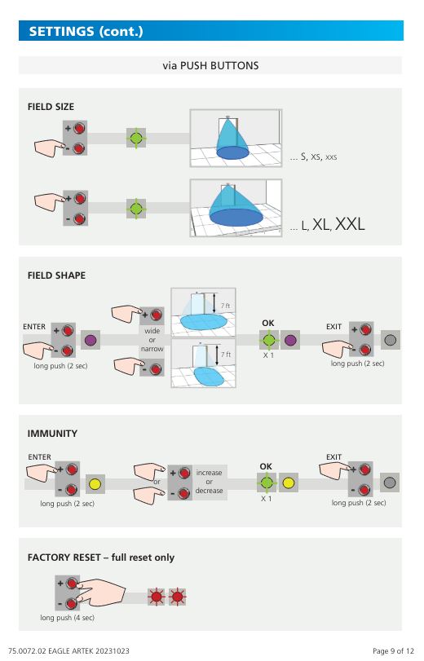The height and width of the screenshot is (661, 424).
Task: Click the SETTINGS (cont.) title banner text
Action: [x=86, y=31]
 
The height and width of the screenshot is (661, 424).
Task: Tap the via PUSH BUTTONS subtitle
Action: [x=210, y=66]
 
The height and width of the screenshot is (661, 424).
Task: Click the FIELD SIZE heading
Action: [x=51, y=107]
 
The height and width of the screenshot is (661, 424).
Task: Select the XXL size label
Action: [x=350, y=224]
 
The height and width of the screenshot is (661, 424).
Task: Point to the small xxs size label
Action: [x=331, y=157]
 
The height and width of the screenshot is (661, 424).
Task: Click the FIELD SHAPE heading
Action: [x=56, y=275]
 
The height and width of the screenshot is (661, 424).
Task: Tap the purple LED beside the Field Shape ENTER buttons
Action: [x=91, y=340]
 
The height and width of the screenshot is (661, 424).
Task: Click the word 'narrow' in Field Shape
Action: [x=152, y=349]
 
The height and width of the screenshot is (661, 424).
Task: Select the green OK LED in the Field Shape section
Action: [x=269, y=340]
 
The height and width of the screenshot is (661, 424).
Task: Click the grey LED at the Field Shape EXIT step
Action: [x=391, y=340]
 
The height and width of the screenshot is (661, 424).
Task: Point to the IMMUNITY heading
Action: [x=52, y=434]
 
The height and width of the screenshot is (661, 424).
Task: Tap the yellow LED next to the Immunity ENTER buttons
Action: [x=95, y=483]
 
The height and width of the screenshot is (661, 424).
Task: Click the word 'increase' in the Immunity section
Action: [x=209, y=473]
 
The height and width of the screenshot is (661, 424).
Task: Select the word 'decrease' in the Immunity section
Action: [x=209, y=491]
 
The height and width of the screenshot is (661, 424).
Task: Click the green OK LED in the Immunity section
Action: [x=266, y=483]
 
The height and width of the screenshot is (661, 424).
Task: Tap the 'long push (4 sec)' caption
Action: [x=68, y=618]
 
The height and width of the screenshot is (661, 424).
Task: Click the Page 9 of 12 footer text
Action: [x=393, y=651]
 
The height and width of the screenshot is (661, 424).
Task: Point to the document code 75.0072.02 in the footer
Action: [x=27, y=651]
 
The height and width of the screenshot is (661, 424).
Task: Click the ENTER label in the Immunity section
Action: [x=40, y=457]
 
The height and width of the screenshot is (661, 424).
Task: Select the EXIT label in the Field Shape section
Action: [x=333, y=327]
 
